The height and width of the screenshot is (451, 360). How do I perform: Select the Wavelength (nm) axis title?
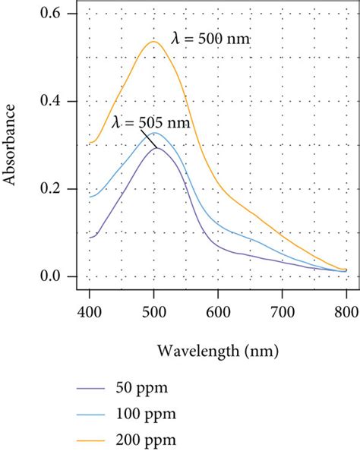coord(218,352)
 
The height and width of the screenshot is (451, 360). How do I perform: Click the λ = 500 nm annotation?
coord(209,39)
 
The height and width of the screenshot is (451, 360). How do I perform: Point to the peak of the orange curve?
coord(153,42)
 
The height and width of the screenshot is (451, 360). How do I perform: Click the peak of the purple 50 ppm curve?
coord(157,147)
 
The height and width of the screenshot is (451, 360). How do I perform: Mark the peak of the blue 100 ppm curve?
coord(155,133)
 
